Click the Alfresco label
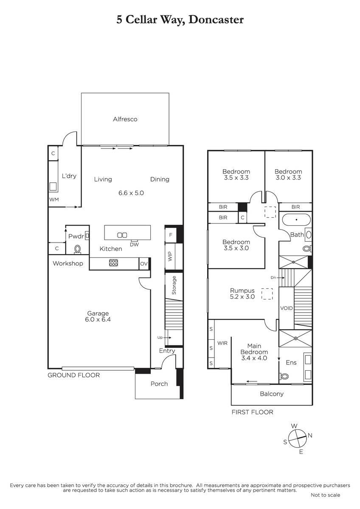click(x=125, y=119)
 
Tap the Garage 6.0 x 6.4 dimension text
click(x=98, y=319)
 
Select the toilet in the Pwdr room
click(x=77, y=249)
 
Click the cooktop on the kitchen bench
click(x=113, y=263)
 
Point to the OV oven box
click(x=144, y=263)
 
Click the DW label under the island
click(x=135, y=244)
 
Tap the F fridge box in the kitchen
click(x=171, y=235)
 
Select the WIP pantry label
click(x=170, y=256)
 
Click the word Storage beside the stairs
click(x=174, y=285)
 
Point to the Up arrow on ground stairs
click(x=167, y=338)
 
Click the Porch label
click(x=159, y=384)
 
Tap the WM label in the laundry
click(x=54, y=199)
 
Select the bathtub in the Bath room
click(x=296, y=220)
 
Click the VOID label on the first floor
click(x=286, y=308)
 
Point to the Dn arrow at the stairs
click(x=281, y=277)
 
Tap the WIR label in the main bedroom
click(x=222, y=343)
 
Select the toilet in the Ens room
click(x=284, y=376)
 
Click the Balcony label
click(x=272, y=394)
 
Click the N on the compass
click(x=310, y=435)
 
